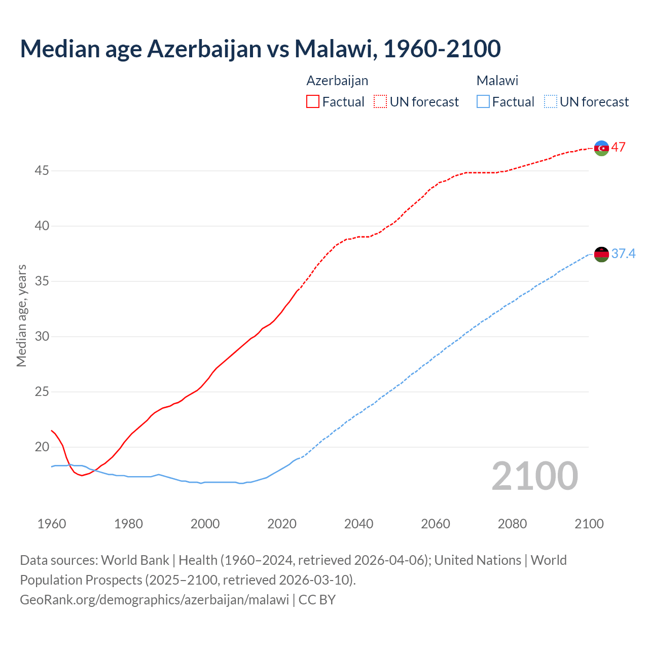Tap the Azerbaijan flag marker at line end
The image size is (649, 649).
(x=601, y=148)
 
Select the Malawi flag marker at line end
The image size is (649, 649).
(x=601, y=254)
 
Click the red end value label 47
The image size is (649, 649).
(x=618, y=148)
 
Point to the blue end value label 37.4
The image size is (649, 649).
(x=623, y=254)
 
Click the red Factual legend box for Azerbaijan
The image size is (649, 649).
(x=313, y=102)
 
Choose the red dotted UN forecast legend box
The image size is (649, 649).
(x=380, y=102)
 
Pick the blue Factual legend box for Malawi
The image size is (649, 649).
(x=483, y=102)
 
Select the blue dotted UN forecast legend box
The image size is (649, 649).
(x=550, y=102)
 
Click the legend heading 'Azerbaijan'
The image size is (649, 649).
(x=337, y=81)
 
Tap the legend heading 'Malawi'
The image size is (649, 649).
(x=497, y=81)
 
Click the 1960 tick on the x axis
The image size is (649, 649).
(x=52, y=524)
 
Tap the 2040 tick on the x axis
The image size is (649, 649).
(x=358, y=524)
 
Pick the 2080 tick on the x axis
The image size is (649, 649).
(x=512, y=524)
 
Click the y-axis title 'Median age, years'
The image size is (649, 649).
(x=21, y=315)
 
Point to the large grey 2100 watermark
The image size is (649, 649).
(x=534, y=476)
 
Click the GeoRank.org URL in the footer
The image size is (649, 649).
(x=154, y=600)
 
